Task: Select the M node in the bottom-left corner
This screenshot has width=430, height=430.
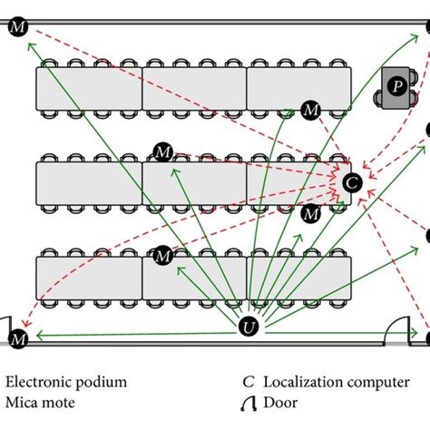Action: (x=18, y=339)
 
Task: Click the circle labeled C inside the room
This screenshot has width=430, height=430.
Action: (x=353, y=181)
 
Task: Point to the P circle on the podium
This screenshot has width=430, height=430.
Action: (x=396, y=85)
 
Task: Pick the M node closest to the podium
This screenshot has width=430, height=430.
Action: (x=311, y=110)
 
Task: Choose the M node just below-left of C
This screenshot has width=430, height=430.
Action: (x=311, y=214)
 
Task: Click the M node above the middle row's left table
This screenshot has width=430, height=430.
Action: (x=163, y=151)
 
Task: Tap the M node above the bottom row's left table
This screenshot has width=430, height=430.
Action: (x=163, y=257)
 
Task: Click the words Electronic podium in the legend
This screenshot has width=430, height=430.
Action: (x=64, y=382)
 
